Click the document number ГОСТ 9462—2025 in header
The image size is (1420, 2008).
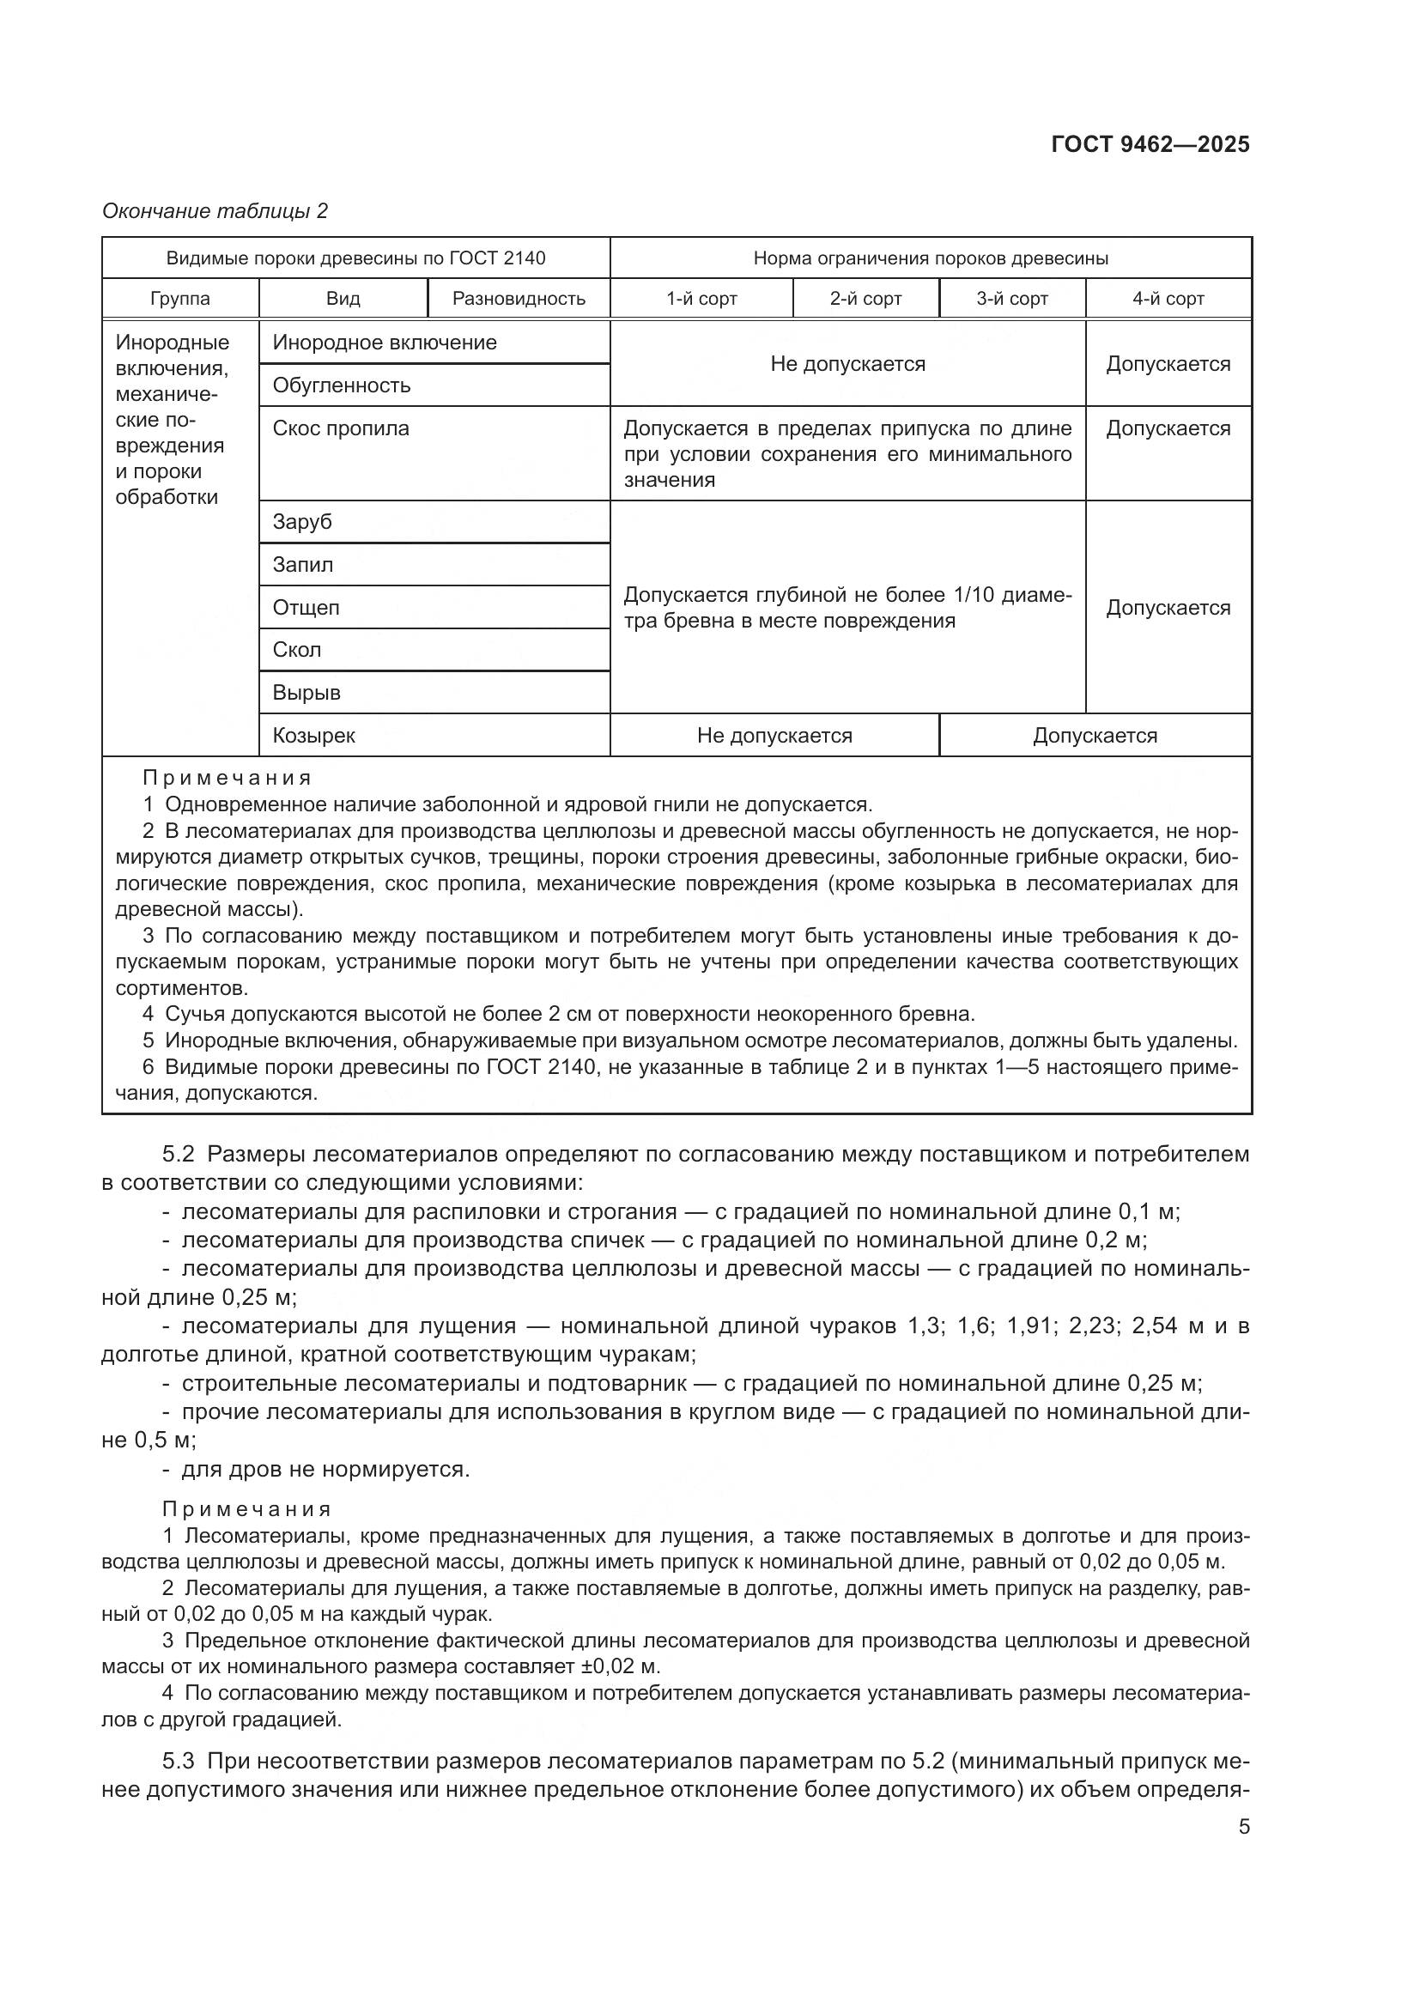[1150, 144]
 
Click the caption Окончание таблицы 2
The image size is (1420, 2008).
[215, 211]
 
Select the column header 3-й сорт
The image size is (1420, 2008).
[1011, 298]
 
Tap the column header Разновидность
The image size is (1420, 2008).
[519, 298]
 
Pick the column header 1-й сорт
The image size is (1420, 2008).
[701, 298]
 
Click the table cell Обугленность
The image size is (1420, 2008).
[341, 385]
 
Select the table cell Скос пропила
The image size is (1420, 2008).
[341, 428]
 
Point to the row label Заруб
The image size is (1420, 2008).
[302, 522]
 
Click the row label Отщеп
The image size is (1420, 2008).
[306, 607]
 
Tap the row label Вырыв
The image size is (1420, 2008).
[306, 693]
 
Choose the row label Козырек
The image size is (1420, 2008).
[314, 736]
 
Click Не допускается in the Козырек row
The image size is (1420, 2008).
[774, 736]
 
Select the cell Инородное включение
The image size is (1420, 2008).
[385, 343]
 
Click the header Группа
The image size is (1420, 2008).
[180, 298]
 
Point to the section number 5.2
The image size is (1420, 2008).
[178, 1154]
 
